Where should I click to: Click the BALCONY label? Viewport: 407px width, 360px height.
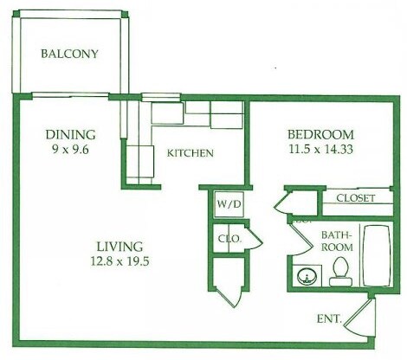70,54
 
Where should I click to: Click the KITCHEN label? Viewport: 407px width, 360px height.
190,153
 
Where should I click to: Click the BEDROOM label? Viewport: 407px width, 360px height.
320,134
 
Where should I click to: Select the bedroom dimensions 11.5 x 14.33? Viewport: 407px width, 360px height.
320,148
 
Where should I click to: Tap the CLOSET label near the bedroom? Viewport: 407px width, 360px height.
355,198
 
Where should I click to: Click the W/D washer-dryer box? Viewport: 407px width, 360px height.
227,205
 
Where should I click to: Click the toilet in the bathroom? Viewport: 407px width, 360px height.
340,270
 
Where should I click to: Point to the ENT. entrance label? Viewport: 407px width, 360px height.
330,319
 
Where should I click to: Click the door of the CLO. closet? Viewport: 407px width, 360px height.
253,239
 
